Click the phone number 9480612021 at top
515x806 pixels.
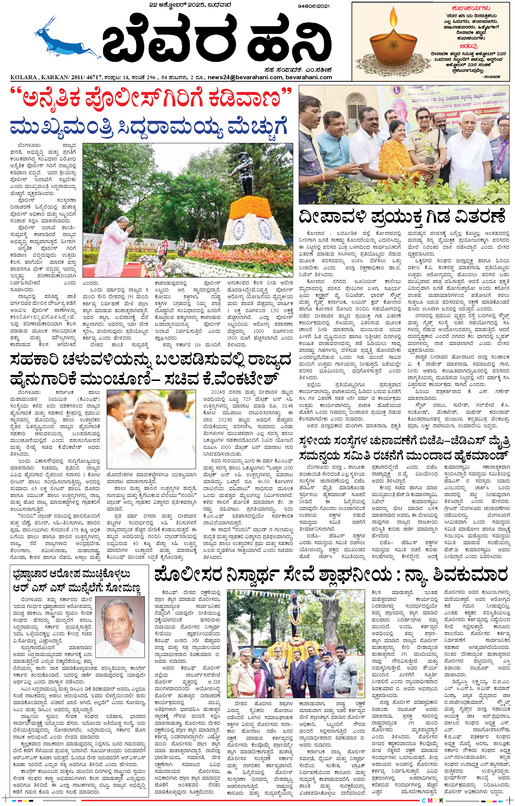pos(313,6)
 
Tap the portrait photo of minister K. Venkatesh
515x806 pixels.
pos(151,428)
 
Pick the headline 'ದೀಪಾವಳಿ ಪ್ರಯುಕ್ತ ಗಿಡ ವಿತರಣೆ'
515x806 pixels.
pos(401,217)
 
